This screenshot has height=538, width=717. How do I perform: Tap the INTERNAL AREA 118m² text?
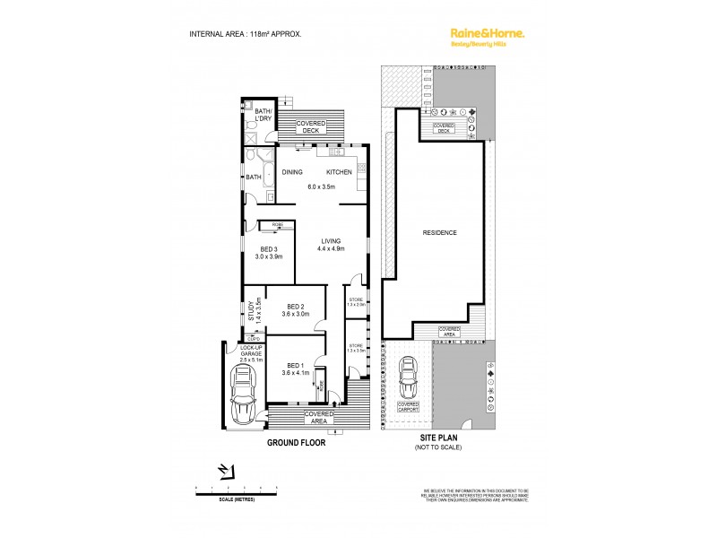[x=245, y=33]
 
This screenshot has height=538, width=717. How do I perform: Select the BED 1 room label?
[x=295, y=365]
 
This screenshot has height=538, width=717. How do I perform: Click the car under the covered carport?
[x=408, y=377]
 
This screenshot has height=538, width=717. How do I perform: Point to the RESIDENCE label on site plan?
[x=440, y=233]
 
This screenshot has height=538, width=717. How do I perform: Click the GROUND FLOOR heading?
[x=295, y=442]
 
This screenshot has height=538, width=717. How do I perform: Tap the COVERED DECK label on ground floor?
[x=310, y=127]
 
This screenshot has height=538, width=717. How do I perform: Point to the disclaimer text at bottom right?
[x=476, y=495]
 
